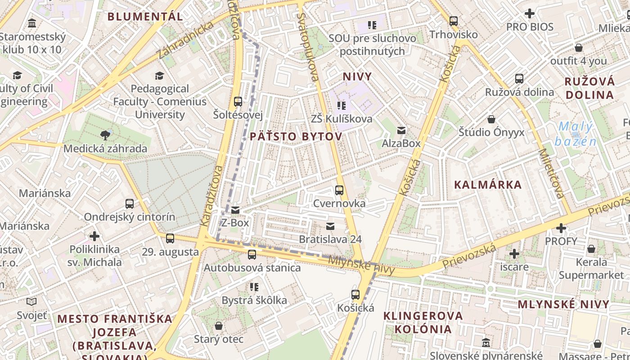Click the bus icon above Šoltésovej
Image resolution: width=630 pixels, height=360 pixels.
[238, 102]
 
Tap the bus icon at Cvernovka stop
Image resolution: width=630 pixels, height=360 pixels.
[339, 190]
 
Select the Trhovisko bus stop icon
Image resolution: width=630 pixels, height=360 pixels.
[454, 21]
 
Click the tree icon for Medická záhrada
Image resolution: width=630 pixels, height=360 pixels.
[105, 135]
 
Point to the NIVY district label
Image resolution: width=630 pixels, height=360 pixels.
[357, 76]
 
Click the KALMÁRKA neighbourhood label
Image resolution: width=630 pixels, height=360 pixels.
[488, 184]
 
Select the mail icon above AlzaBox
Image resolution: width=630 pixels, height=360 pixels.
[401, 130]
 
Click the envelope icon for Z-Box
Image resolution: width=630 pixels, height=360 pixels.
[235, 210]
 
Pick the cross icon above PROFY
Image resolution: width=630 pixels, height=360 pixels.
[561, 228]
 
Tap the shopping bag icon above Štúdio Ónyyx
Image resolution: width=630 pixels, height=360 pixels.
[491, 119]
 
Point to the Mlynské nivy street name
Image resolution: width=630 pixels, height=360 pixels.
[361, 265]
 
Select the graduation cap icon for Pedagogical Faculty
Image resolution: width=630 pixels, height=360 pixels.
[159, 76]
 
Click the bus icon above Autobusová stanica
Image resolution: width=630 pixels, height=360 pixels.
[252, 255]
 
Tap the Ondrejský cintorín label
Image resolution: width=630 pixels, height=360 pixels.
[130, 217]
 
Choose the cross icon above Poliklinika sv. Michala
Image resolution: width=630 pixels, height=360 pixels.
[94, 236]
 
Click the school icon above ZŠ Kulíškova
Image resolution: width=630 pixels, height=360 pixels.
[342, 106]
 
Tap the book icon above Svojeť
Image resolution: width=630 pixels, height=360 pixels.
[31, 302]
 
